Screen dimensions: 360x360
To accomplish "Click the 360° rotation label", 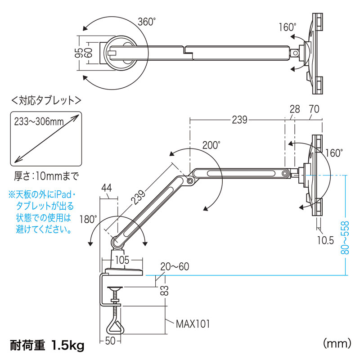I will [147, 22].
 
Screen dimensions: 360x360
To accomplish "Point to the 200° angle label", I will [211, 145].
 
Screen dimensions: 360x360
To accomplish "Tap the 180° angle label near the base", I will [89, 220].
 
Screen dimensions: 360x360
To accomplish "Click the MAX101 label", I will [193, 324].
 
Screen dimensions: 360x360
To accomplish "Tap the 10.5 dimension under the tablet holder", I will [324, 240].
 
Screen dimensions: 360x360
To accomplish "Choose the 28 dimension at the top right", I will [295, 108].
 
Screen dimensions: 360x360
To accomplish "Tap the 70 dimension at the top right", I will [315, 108].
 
